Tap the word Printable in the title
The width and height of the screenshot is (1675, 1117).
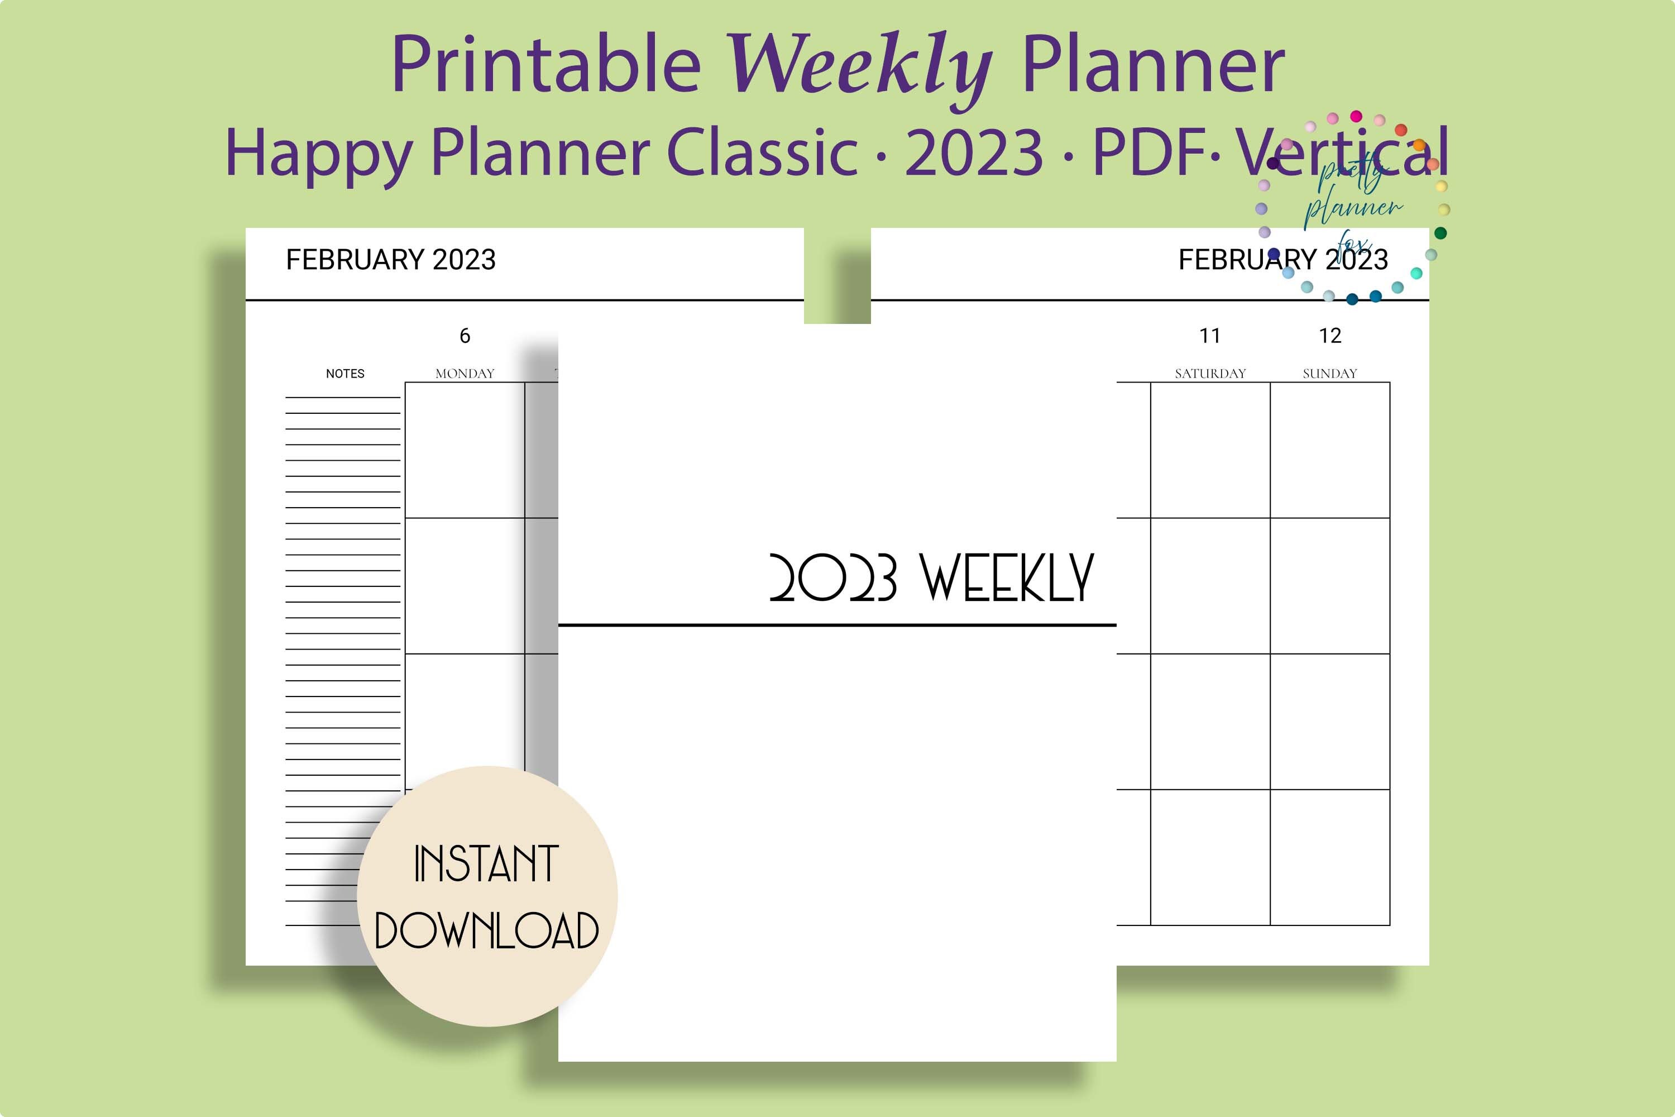545,65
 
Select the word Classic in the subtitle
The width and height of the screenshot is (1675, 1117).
762,152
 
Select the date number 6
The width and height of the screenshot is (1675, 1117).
465,336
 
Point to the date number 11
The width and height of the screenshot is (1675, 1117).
1210,336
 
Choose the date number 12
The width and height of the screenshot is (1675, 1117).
1329,336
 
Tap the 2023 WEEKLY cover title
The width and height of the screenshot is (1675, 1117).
931,577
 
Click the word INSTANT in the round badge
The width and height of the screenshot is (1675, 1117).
486,864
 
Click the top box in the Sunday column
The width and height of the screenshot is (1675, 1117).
1329,450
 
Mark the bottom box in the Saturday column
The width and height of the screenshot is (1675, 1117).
1210,857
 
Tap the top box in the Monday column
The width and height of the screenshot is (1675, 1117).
465,450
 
